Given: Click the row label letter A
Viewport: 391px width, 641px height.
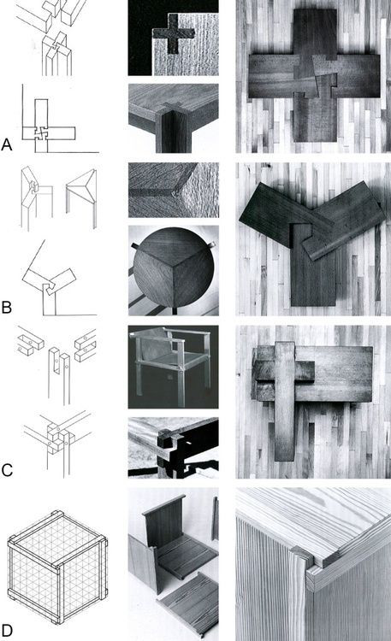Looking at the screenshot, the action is pos(7,144).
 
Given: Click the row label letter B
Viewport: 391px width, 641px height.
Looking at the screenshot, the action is pos(6,307).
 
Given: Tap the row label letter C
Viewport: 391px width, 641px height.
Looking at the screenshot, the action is pos(7,470).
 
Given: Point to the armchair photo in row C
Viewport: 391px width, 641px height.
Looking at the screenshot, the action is pos(173,367).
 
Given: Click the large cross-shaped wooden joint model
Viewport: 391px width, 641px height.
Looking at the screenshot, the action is pos(314,75).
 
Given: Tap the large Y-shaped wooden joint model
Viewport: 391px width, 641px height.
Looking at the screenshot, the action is pos(311,241).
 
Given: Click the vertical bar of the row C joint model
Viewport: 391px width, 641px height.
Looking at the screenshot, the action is pos(285,402).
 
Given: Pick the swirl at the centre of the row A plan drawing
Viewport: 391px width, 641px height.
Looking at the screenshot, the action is pos(41,133).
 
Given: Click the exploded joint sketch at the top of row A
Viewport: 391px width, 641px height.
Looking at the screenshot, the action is pos(51,38).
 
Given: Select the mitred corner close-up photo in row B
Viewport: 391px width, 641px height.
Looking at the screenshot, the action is pos(174,190).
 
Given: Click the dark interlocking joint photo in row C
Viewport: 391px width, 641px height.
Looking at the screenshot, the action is pos(173,448).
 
